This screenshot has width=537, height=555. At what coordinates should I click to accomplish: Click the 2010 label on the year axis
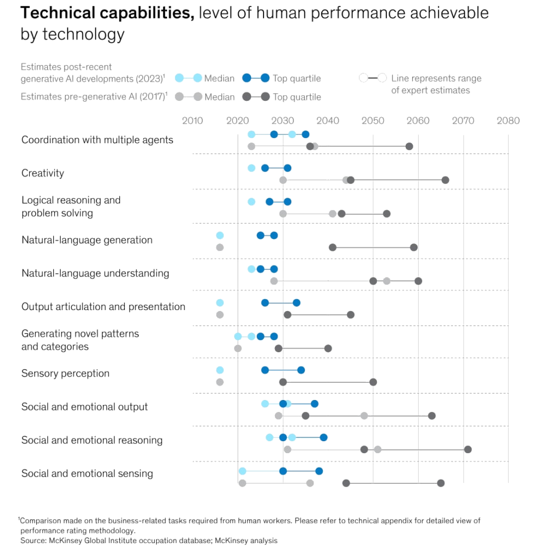coord(191,120)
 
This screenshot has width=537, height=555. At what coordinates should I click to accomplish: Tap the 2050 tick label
coord(373,120)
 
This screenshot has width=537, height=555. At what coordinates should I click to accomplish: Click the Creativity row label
coord(43,173)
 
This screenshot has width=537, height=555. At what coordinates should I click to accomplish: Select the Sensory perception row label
coord(65,373)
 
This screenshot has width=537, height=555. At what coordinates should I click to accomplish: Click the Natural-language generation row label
coord(87,240)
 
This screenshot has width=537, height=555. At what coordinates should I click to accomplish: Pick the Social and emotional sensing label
coord(87,474)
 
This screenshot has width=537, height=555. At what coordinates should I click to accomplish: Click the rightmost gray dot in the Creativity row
coord(445,180)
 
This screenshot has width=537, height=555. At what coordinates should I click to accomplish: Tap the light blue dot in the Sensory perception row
coord(220,370)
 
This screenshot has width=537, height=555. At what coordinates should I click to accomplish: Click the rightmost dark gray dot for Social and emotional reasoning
coord(468,449)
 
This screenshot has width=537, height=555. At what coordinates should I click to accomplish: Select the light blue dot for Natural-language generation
coord(220,235)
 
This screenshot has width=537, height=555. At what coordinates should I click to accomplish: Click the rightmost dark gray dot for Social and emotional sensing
coord(440,483)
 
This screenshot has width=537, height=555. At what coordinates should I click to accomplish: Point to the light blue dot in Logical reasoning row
coord(251,202)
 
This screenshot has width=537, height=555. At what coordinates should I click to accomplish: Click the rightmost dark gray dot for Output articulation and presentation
coord(350,314)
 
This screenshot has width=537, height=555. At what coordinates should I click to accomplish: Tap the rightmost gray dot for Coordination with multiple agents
coord(409,146)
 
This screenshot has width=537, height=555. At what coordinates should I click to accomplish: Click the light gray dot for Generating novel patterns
coord(238,349)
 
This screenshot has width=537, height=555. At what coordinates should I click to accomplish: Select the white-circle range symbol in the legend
coord(373,78)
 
